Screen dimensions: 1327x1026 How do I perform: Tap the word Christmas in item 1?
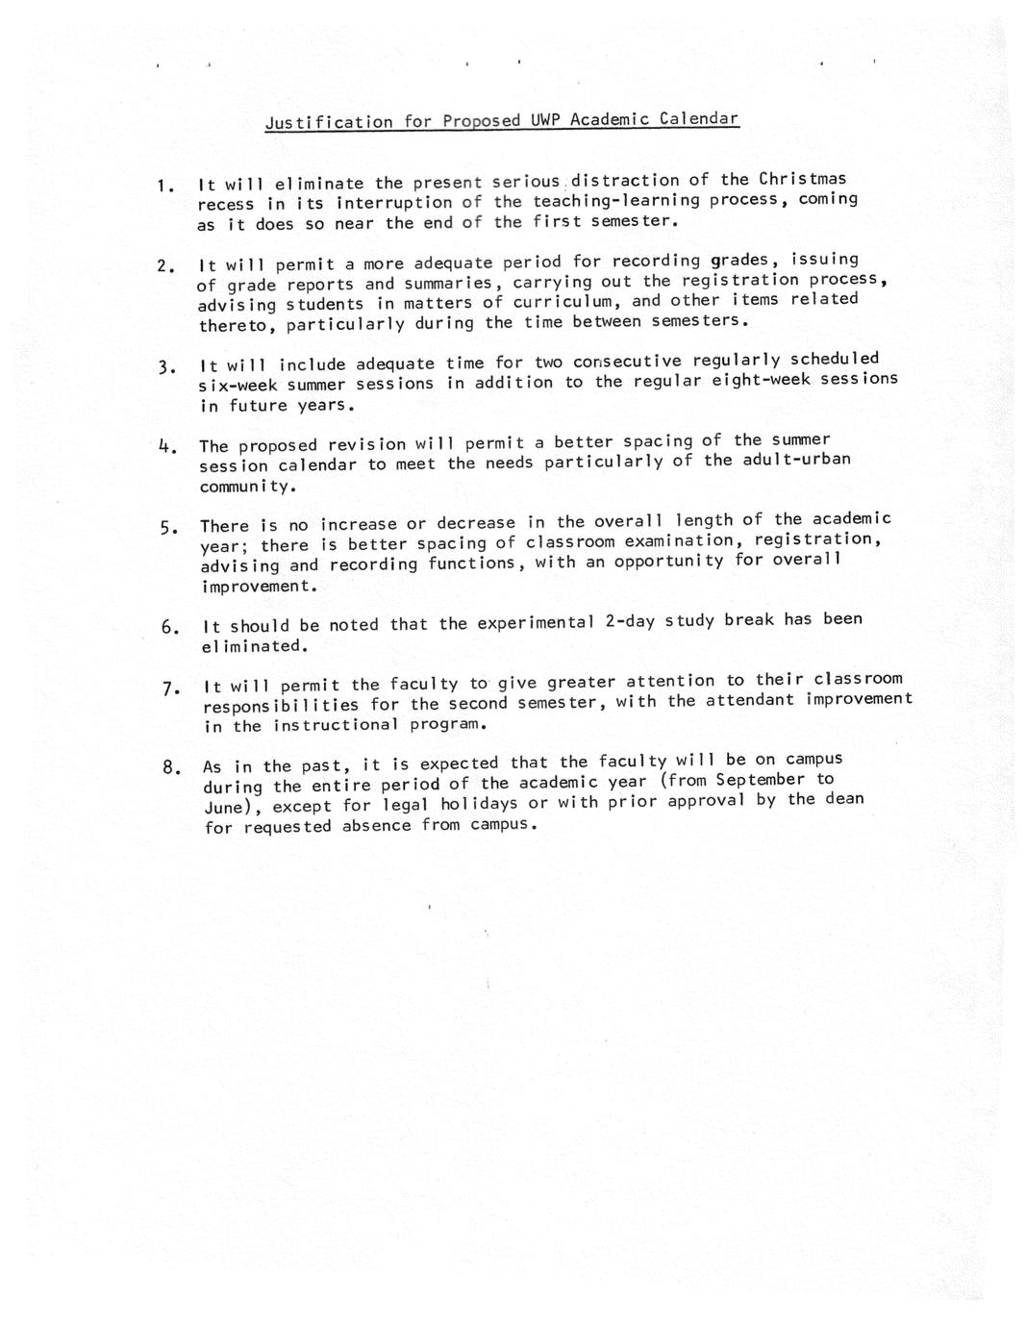[x=802, y=179]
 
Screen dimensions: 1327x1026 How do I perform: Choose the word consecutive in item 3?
[x=627, y=362]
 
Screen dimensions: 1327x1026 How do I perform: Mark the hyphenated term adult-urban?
[x=796, y=459]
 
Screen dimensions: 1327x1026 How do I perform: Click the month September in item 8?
[x=760, y=780]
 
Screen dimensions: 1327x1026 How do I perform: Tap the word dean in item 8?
[x=843, y=798]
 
